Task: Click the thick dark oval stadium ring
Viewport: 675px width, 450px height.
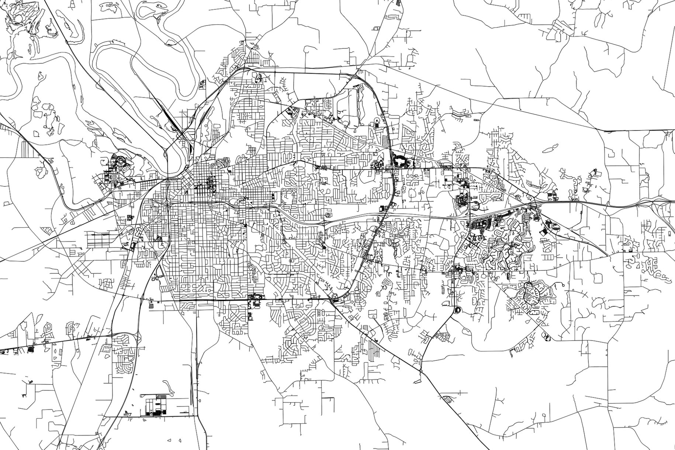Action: [x=399, y=161]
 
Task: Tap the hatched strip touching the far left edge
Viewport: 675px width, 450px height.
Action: [x=3, y=126]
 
